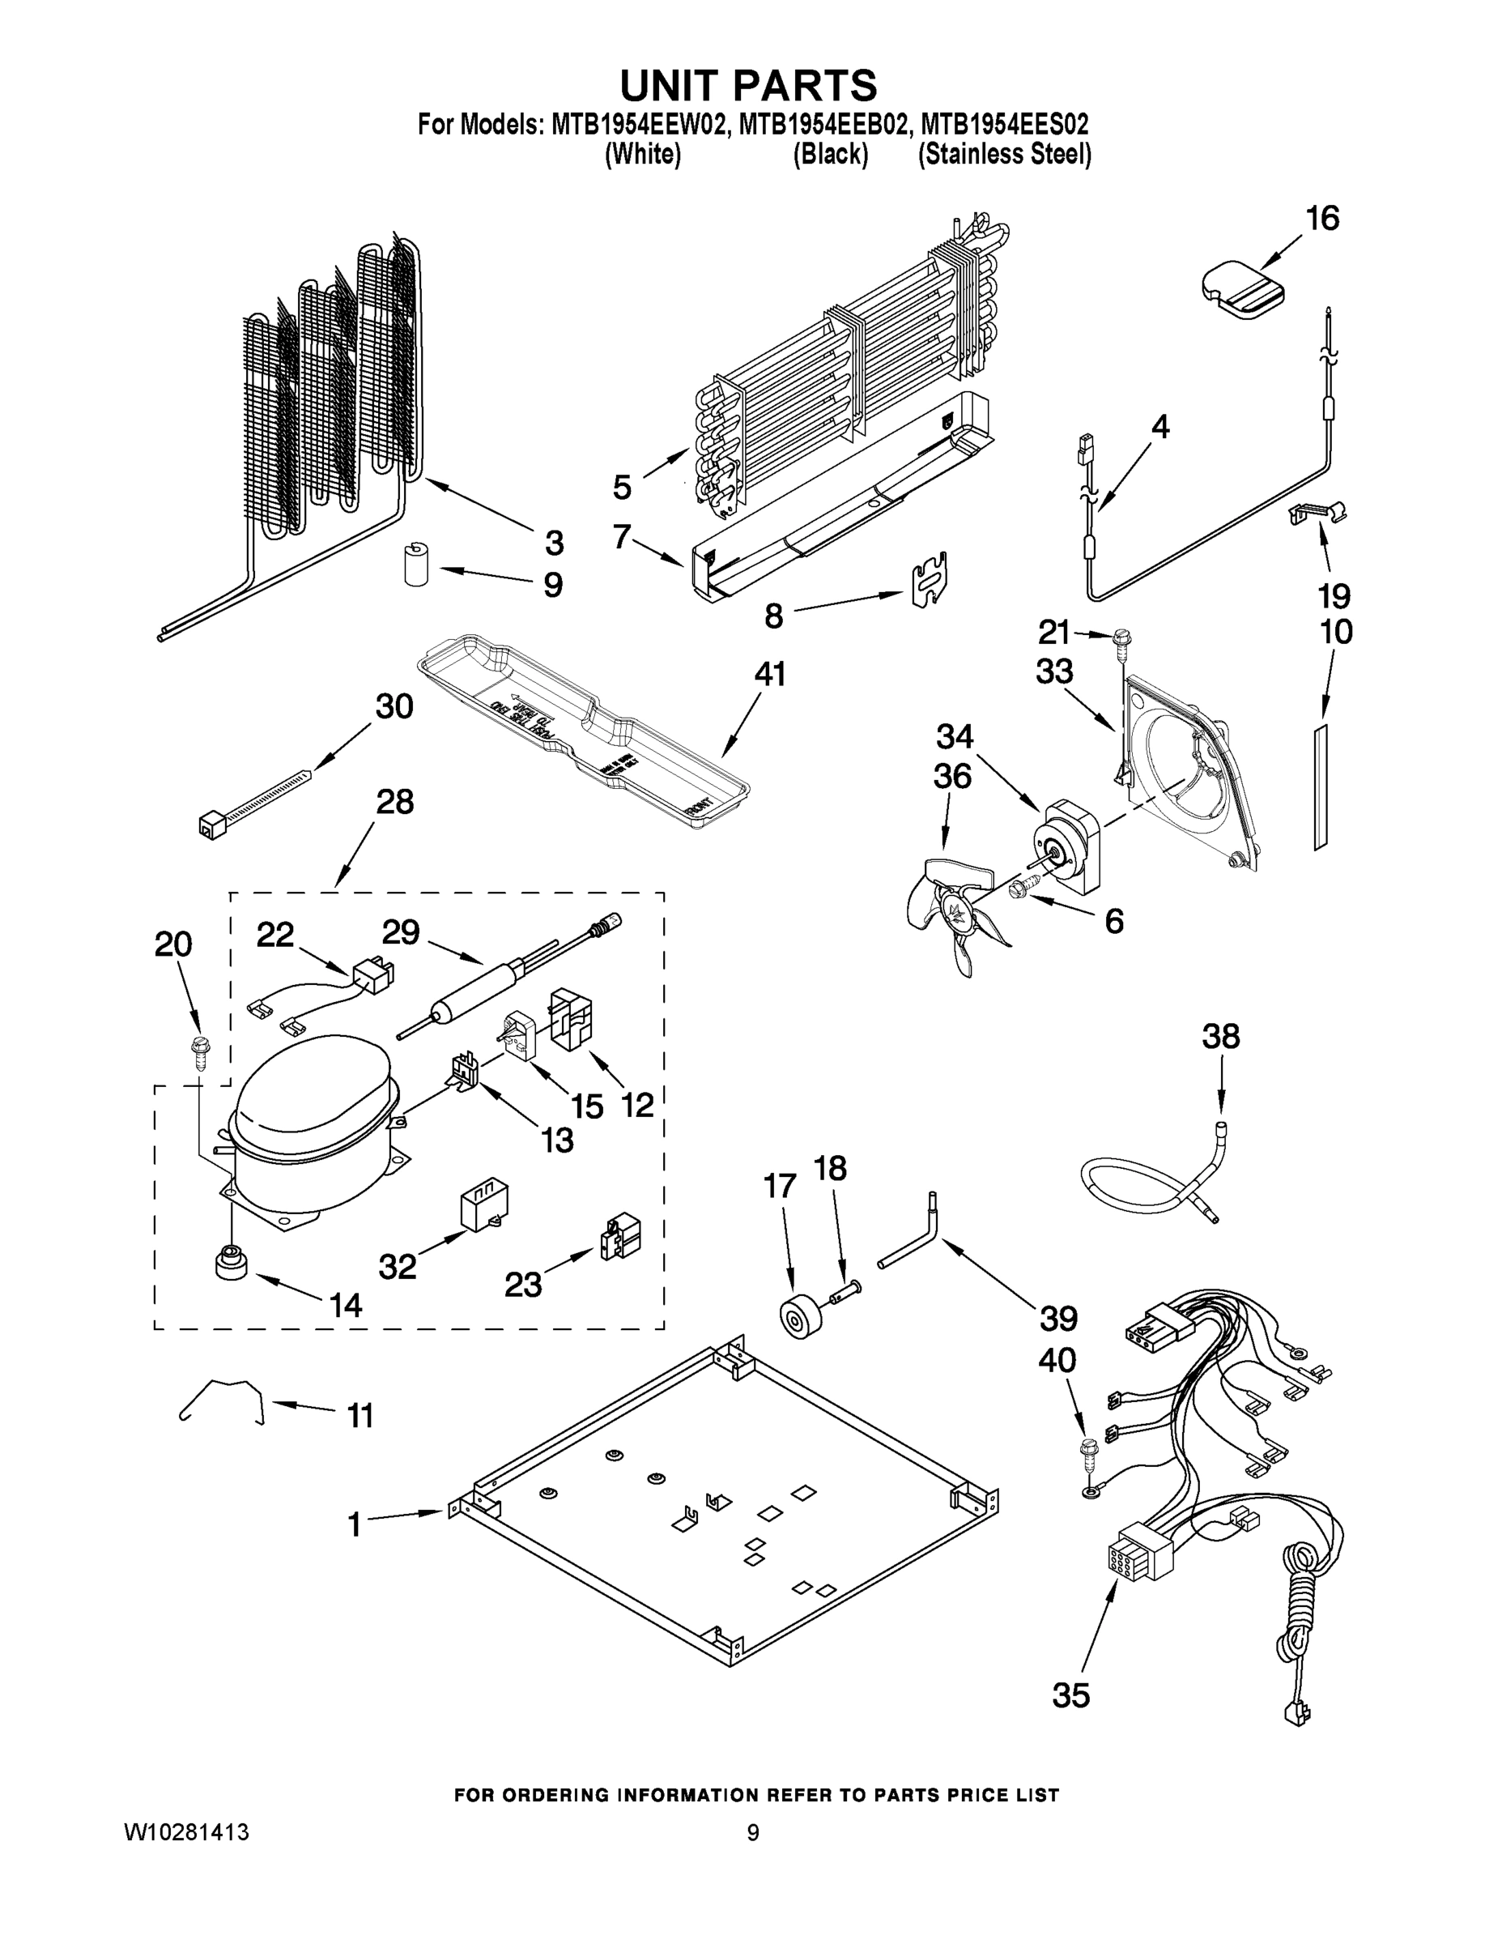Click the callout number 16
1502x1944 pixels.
pos(1322,218)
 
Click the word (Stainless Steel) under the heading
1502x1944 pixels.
pos(1004,154)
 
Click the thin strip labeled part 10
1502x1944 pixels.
pos(1321,785)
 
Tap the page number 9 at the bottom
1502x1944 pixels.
pos(753,1833)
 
